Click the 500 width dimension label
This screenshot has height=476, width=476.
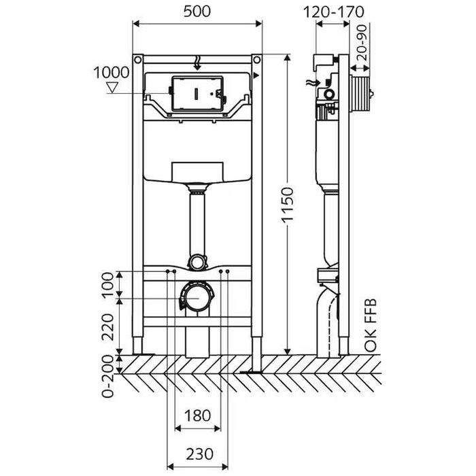197,12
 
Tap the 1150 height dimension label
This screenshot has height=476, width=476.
288,205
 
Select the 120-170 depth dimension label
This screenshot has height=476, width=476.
333,12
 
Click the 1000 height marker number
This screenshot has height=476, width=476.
111,73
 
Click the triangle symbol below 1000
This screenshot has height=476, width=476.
112,88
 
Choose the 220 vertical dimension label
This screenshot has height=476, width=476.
107,326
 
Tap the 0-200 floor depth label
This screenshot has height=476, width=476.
107,377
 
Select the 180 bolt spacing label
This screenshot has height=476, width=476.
197,415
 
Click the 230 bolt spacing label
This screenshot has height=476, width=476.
199,454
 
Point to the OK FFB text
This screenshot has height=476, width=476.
371,326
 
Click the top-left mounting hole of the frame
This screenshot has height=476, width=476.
137,60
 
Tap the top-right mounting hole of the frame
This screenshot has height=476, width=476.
257,60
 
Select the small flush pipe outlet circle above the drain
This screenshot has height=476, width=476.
197,262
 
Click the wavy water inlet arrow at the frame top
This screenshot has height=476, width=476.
197,63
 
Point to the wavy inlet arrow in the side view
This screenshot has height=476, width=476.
313,82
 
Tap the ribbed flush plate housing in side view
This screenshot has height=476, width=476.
360,94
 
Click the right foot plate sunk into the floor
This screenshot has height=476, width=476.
251,371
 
